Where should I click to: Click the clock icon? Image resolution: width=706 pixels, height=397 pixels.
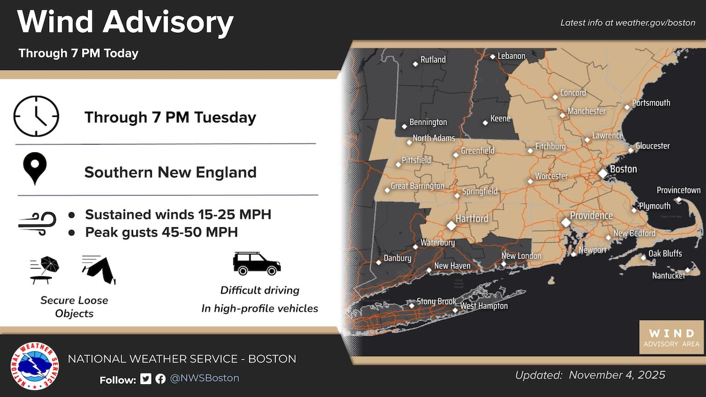pos(36,116)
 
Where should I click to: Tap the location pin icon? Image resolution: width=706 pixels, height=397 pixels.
pos(35,169)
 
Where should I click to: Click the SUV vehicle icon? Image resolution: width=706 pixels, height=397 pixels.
pos(256,264)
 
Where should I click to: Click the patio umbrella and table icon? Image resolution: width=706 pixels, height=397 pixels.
pos(45,270)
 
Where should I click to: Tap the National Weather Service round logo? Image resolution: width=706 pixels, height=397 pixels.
pos(35,366)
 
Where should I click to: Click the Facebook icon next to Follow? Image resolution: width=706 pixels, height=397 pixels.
pos(161,379)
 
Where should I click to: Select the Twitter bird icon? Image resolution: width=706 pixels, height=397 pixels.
pos(146,379)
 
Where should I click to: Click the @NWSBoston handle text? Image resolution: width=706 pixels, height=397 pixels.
pos(204,378)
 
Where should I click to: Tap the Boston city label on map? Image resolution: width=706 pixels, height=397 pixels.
pos(623,169)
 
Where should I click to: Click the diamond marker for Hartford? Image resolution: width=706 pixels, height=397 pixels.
pos(451,225)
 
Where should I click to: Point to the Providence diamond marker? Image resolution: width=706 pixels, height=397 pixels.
pos(566,222)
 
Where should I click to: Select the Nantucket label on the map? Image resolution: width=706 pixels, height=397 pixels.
pos(668,275)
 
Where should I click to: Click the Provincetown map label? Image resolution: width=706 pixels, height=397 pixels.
pos(678,190)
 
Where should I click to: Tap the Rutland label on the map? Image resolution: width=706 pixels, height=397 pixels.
pos(433,60)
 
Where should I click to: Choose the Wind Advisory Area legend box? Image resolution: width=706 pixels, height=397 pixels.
pos(671,337)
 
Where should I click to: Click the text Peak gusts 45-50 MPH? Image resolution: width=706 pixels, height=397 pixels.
pos(161,233)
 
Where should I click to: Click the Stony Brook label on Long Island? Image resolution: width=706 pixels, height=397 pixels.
pos(436,301)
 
